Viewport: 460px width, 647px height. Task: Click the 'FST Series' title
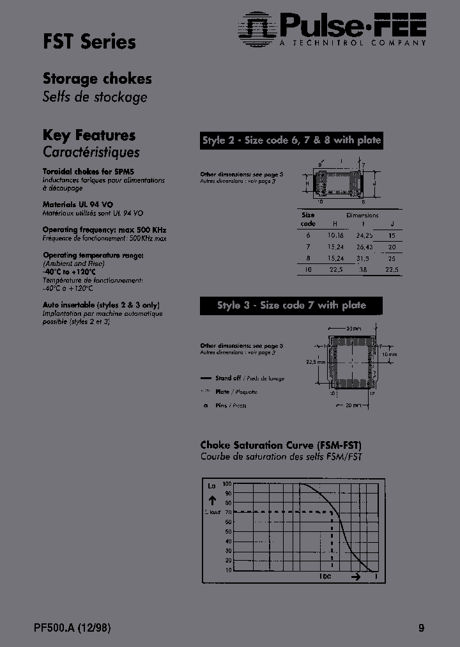point(89,42)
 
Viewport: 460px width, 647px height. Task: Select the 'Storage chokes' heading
point(97,79)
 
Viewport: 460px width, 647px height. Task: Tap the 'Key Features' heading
point(89,135)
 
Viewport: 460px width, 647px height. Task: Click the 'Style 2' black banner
point(291,141)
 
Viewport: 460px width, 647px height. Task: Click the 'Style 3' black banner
point(291,306)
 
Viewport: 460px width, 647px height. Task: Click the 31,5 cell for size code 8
point(362,258)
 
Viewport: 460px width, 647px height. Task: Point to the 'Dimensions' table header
point(362,215)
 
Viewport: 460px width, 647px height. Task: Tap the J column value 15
point(392,235)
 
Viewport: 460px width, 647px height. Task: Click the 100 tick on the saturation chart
point(228,484)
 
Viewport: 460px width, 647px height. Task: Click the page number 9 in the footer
point(421,628)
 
